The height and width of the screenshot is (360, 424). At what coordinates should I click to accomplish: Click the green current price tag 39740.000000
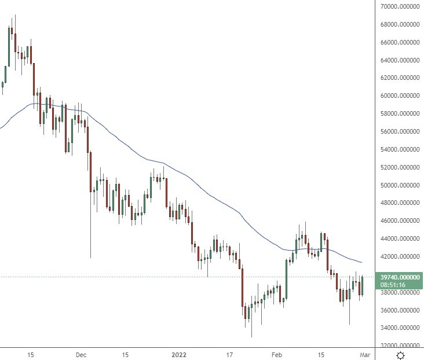tap(399, 277)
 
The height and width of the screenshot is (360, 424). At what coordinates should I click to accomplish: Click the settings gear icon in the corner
tap(400, 354)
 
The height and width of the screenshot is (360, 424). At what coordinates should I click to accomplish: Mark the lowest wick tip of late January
tap(251, 336)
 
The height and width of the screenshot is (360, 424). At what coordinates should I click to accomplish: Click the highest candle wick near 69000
tap(15, 16)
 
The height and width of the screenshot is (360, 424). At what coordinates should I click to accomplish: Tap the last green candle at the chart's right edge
tap(362, 286)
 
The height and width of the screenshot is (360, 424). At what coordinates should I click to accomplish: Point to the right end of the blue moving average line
tap(363, 263)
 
